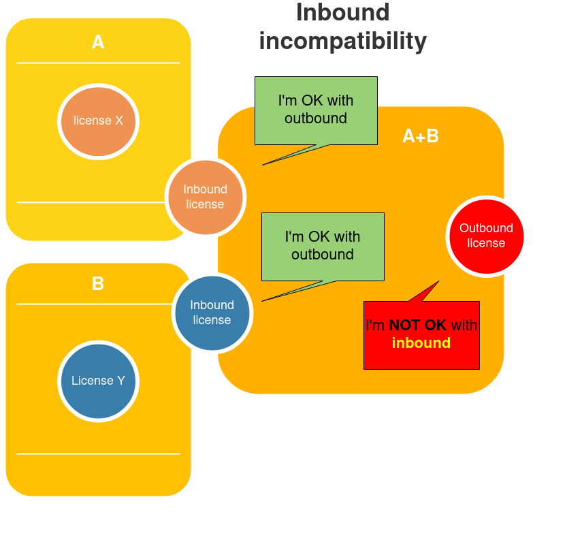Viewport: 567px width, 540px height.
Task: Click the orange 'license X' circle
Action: (x=98, y=121)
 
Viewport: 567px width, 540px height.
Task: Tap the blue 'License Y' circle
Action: (x=98, y=381)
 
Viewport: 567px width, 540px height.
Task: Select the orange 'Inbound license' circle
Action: (x=205, y=197)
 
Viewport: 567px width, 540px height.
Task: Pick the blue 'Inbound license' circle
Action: (x=212, y=313)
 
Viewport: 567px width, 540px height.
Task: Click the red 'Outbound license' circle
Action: (x=486, y=236)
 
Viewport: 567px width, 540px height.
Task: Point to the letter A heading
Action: (x=98, y=42)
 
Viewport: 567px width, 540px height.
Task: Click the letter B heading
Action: (x=98, y=283)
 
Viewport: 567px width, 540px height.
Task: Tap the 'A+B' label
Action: (x=420, y=136)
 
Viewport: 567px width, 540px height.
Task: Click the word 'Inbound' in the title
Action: (x=342, y=12)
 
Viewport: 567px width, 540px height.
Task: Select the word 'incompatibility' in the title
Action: (x=342, y=41)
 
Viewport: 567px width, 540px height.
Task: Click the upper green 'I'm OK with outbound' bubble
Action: (x=316, y=110)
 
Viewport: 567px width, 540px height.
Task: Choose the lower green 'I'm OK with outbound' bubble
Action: (x=323, y=246)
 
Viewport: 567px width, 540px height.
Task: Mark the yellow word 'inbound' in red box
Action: (x=421, y=343)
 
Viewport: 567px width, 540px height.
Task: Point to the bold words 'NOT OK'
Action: (x=417, y=325)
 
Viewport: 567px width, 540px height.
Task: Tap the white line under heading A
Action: (x=98, y=63)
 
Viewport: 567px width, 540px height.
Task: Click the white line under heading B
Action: (x=98, y=304)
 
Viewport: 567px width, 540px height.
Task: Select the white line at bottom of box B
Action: (x=98, y=454)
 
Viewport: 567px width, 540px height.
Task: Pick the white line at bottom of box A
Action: (x=98, y=202)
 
